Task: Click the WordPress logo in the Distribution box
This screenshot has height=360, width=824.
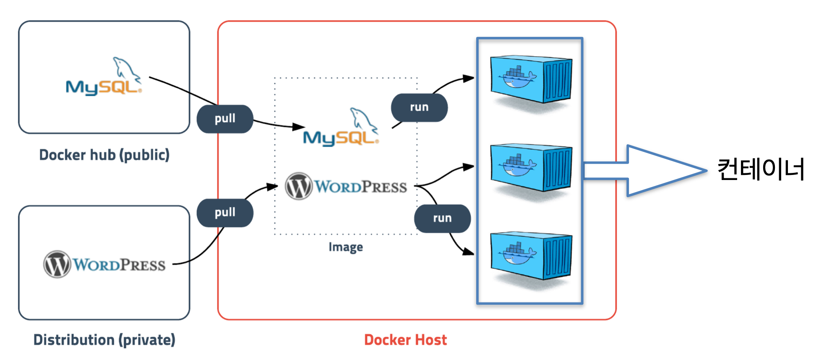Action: point(104,264)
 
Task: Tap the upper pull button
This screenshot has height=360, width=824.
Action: point(225,119)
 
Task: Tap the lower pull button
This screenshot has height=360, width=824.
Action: point(225,213)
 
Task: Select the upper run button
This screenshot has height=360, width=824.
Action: point(419,107)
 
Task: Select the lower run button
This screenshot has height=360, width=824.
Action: point(442,218)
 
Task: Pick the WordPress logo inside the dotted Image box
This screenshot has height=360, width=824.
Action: point(346,186)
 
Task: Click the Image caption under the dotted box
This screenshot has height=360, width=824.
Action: point(346,247)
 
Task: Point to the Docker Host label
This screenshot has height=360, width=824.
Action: point(405,340)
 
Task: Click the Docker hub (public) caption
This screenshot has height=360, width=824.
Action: point(104,155)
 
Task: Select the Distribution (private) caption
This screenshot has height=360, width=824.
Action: point(104,340)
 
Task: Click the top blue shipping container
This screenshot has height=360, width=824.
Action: point(531,79)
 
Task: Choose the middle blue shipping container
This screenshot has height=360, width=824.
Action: point(531,167)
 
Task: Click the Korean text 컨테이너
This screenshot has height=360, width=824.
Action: point(761,170)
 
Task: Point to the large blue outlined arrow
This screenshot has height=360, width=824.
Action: point(646,170)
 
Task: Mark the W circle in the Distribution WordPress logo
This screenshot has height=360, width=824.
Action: point(57,264)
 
